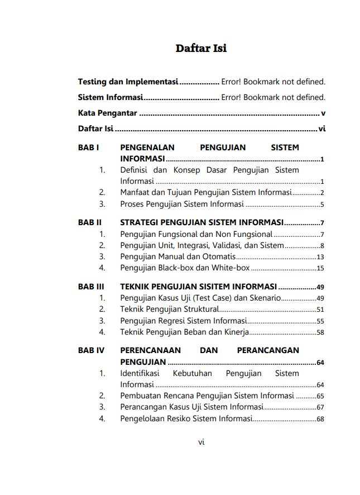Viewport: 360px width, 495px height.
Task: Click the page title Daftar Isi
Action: coord(201,48)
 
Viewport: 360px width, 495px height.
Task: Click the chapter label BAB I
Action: coord(88,147)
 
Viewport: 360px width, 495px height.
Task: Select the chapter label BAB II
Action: coord(89,222)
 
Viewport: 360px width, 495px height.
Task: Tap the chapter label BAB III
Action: coord(91,286)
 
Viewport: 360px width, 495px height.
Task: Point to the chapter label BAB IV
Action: coord(91,350)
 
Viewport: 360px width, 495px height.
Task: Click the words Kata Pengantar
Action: coord(107,113)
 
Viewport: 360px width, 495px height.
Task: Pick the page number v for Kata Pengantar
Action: coord(323,113)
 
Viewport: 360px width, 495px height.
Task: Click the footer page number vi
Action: coord(201,441)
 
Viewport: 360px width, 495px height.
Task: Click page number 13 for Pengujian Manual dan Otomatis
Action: coord(320,257)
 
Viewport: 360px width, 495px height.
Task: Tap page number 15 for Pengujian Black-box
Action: coord(320,269)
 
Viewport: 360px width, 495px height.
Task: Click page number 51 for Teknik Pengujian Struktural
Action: coord(320,310)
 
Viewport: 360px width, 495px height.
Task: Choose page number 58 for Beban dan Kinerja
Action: coord(320,333)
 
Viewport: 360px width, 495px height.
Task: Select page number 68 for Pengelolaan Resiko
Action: coord(320,420)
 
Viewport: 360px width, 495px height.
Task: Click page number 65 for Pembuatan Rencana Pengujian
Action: coord(320,396)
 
